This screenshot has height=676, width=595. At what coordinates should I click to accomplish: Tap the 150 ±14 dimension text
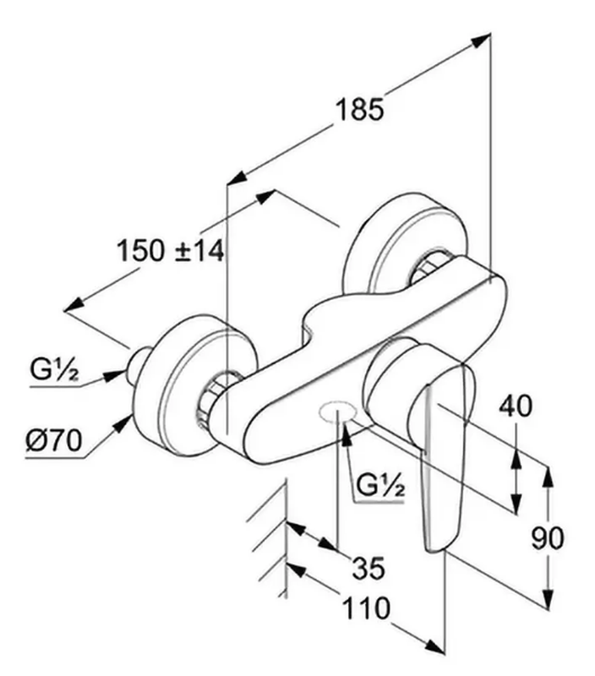pos(171,250)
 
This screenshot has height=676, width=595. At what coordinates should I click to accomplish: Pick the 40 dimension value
pos(516,406)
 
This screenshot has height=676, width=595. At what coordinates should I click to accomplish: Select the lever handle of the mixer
pos(442,456)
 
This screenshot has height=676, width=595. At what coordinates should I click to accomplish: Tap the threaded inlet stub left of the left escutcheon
pos(138,365)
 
